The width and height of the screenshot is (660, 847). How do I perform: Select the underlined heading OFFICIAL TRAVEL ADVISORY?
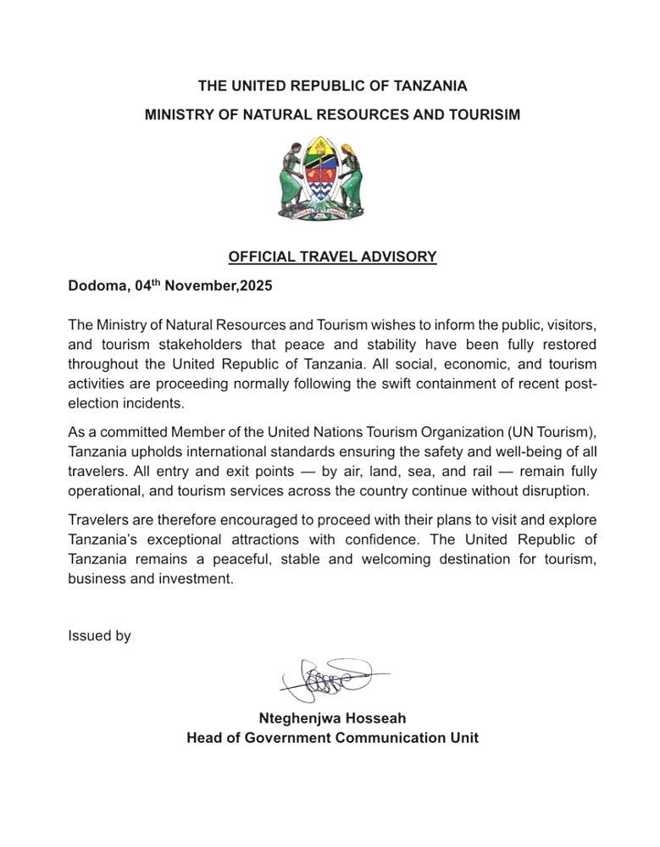(x=332, y=257)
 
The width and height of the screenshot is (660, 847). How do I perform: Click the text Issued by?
(x=99, y=635)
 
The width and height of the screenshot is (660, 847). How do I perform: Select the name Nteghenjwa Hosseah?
(x=332, y=718)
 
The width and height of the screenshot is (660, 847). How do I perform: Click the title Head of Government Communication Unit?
(x=332, y=738)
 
